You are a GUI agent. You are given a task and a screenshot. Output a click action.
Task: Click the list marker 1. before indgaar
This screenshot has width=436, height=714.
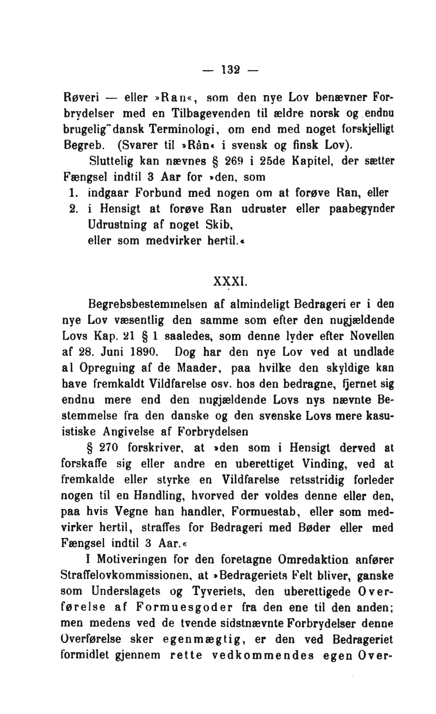click(72, 193)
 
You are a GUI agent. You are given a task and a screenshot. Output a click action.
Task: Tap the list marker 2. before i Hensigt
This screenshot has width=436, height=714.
click(73, 209)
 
